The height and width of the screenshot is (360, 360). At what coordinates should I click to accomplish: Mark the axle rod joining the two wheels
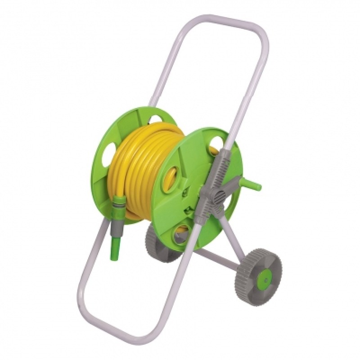coord(216,261)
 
